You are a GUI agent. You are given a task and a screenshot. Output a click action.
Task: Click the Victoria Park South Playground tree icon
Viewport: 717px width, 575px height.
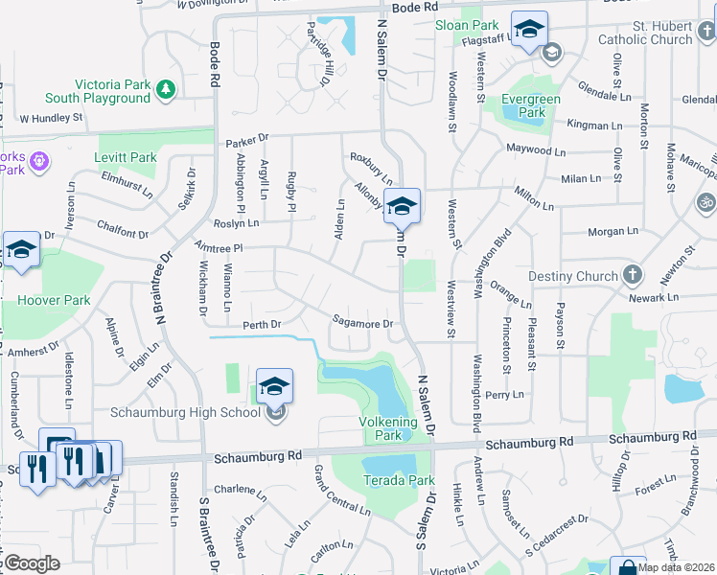pyautogui.click(x=167, y=89)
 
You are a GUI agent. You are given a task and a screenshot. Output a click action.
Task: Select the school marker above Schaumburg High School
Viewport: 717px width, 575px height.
pyautogui.click(x=274, y=386)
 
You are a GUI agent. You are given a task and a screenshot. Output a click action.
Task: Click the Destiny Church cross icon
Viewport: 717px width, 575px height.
pyautogui.click(x=632, y=276)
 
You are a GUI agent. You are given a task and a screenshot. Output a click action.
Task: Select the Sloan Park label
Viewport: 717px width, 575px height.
pyautogui.click(x=467, y=26)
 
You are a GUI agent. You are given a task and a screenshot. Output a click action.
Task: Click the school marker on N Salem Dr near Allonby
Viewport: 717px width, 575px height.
pyautogui.click(x=403, y=205)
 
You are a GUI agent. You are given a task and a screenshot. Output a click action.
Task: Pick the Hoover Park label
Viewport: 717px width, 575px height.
pyautogui.click(x=48, y=300)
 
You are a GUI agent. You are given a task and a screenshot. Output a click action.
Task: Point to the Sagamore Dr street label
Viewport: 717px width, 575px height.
pyautogui.click(x=362, y=324)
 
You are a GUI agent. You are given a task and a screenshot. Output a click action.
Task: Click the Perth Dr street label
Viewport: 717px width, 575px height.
pyautogui.click(x=262, y=325)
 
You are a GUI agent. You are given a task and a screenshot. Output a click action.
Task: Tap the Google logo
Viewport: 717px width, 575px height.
pyautogui.click(x=31, y=563)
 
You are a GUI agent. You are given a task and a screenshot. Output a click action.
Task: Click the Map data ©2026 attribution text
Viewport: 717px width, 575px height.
pyautogui.click(x=676, y=567)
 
